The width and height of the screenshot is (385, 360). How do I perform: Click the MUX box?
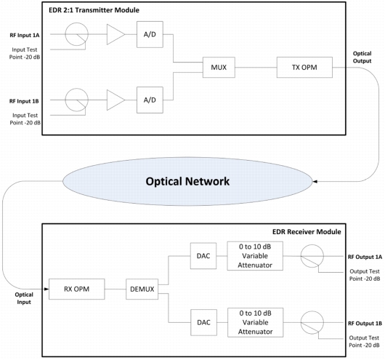219,68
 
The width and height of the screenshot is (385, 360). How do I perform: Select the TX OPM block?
304,68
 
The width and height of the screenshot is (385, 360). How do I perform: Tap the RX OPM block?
76,289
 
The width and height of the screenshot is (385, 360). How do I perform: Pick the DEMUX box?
142,289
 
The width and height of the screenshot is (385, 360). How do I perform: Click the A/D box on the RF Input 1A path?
150,34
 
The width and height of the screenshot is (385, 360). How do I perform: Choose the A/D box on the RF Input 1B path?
150,100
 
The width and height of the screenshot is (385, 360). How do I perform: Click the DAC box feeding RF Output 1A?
203,256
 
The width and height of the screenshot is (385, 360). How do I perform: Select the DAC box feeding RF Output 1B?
204,322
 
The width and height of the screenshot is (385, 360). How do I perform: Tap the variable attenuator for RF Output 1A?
255,256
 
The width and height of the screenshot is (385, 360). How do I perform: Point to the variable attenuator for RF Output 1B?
256,322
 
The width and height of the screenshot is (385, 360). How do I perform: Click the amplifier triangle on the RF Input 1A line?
115,34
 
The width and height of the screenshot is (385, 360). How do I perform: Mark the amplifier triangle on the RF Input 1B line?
115,100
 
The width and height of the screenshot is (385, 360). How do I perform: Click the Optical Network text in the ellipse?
187,182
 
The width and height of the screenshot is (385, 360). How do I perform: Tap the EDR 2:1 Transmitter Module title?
94,10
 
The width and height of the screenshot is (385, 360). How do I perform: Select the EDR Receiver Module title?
307,232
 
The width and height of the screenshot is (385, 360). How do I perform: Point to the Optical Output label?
362,57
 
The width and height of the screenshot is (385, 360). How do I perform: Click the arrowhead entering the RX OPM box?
46,289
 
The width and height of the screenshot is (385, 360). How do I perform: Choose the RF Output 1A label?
365,257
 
